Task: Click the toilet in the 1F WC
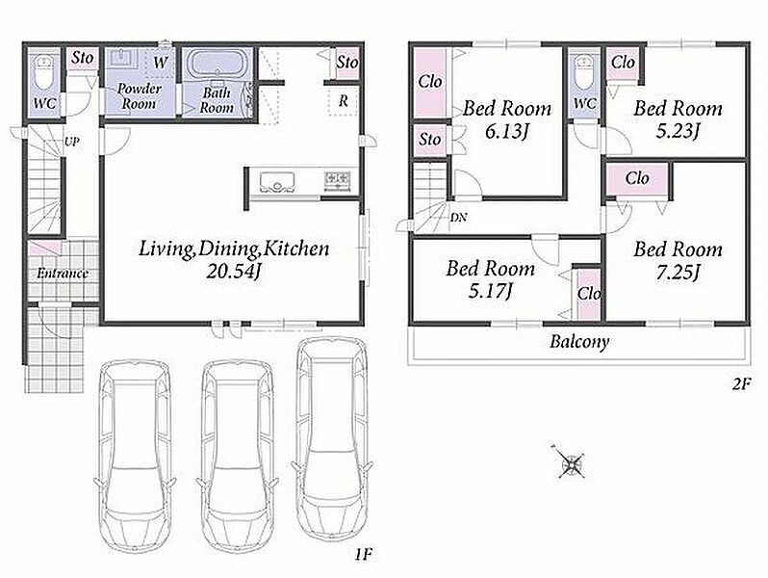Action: (45, 73)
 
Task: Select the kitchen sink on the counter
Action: (277, 181)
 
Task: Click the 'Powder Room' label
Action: (140, 96)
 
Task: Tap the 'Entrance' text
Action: (63, 273)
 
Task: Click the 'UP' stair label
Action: (71, 143)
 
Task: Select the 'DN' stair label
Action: (459, 217)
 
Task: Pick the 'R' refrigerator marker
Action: (344, 101)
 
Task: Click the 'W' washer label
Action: (160, 63)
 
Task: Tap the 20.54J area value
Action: (232, 272)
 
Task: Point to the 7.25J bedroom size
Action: (678, 272)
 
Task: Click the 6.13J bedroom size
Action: (506, 131)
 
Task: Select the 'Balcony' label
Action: (579, 341)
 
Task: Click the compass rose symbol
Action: (571, 462)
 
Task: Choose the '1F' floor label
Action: (365, 555)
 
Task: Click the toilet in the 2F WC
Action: (584, 73)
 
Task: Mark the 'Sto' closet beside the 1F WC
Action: (83, 58)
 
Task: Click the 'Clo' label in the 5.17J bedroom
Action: (589, 293)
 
